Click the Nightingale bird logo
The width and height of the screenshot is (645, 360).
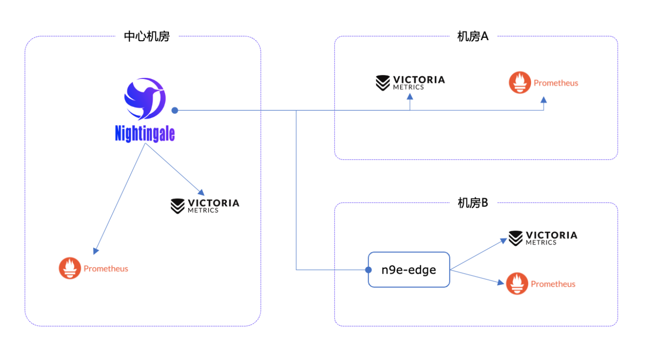[x=144, y=99]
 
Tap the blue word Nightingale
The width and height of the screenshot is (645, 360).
[x=145, y=134]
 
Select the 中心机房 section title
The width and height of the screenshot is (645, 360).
[x=147, y=37]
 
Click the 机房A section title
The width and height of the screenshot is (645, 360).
[x=472, y=37]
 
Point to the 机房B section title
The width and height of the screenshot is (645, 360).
[x=472, y=203]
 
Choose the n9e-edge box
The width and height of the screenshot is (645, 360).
[x=409, y=270]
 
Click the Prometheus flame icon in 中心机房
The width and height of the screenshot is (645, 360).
[x=70, y=268]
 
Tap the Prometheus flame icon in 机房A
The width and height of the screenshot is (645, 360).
[x=520, y=83]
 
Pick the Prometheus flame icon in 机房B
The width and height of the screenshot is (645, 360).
[x=517, y=283]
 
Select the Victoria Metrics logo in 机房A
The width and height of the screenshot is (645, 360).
[x=410, y=82]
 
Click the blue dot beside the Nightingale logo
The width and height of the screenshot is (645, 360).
[x=175, y=110]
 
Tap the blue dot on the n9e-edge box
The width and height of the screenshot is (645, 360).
[x=368, y=270]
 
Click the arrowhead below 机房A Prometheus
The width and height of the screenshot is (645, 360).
[x=543, y=100]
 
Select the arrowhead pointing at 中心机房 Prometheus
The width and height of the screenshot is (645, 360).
[x=96, y=251]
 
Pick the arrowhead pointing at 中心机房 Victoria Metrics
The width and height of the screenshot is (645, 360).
[x=201, y=192]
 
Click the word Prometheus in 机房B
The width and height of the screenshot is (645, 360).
[x=553, y=284]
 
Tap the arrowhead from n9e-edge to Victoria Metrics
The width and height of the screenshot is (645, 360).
[x=502, y=240]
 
